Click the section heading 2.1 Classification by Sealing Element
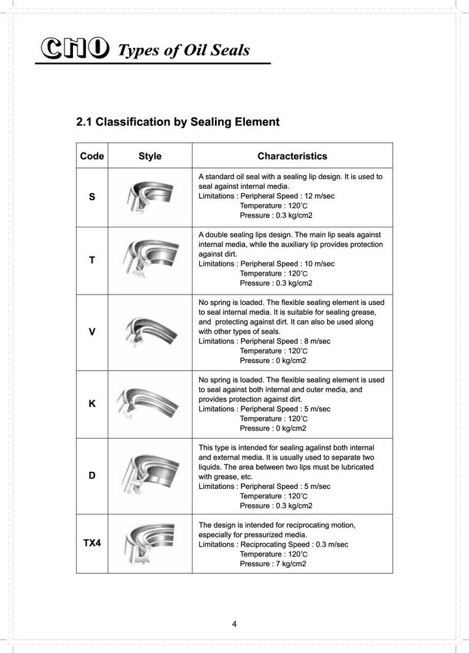(x=178, y=122)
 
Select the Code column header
(x=92, y=156)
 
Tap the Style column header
(x=150, y=156)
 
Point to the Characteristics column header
(x=292, y=156)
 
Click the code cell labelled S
(x=92, y=197)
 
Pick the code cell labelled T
(x=92, y=260)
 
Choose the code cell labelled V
(x=92, y=332)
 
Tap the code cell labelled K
(x=92, y=403)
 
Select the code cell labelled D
(x=92, y=476)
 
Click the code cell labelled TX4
(x=92, y=543)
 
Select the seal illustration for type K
(x=149, y=404)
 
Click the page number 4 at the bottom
(x=234, y=624)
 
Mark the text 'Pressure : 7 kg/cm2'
(x=273, y=564)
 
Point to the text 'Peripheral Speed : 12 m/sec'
(x=287, y=196)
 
